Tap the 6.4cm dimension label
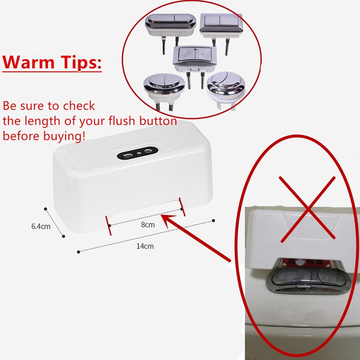coord(40,226)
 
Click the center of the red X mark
coord(307,208)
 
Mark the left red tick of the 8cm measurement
coord(108,223)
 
